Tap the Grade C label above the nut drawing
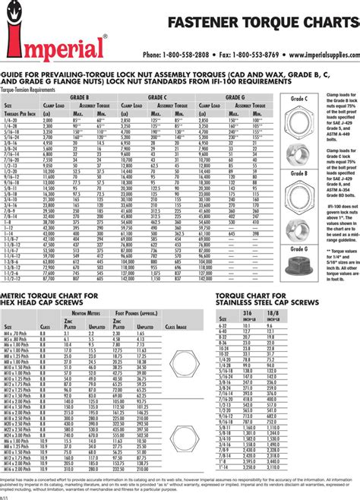(x=299, y=99)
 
